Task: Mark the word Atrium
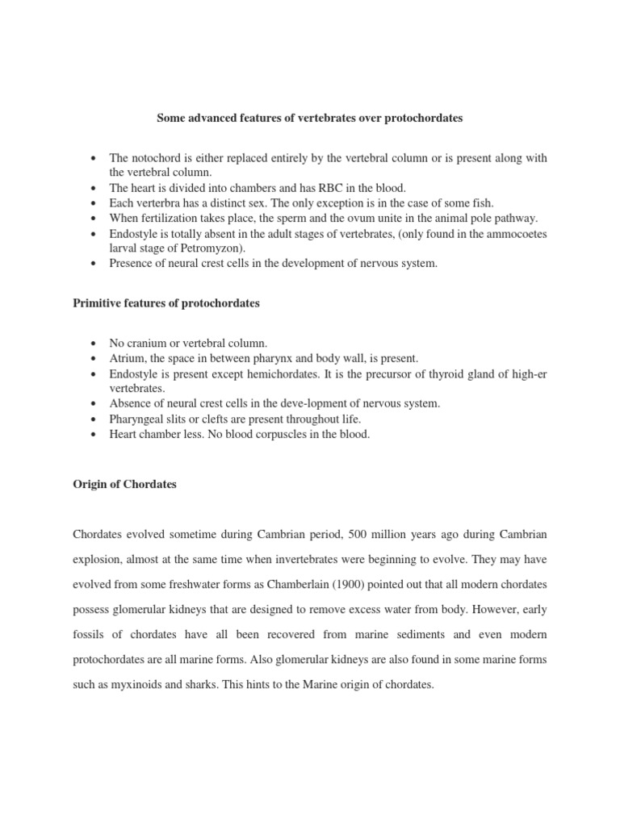[128, 357]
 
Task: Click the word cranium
[146, 342]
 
